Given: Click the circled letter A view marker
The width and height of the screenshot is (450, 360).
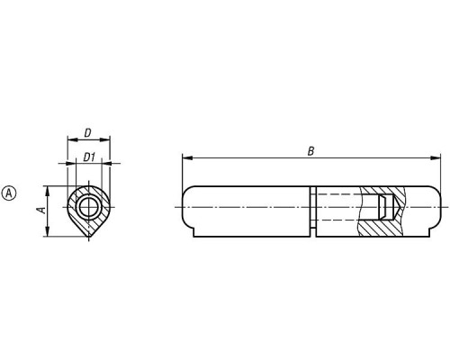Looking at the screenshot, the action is (9, 193).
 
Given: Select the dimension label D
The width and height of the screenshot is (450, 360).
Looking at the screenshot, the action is (87, 133).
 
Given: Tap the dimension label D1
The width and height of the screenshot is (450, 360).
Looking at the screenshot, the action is (89, 157).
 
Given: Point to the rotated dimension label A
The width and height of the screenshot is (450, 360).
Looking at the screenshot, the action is (43, 210).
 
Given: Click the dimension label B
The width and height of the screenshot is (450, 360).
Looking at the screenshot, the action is (310, 151).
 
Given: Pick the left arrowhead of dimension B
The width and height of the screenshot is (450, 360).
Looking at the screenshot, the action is (187, 157).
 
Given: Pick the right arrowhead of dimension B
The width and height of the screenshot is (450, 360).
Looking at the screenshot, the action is (436, 157).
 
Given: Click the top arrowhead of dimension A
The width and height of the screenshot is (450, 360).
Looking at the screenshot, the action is (47, 192).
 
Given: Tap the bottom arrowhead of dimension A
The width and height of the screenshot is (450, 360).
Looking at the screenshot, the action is (47, 231).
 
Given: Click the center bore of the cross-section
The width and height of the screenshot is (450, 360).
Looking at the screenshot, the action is (89, 207).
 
